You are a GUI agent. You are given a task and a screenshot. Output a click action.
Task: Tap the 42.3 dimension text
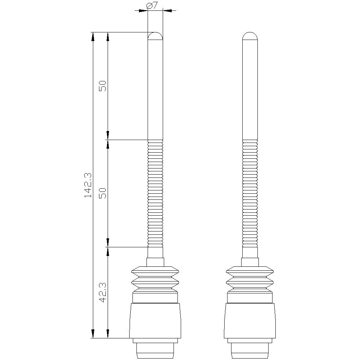click(103, 292)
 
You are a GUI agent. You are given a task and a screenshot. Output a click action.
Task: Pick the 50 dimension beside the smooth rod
click(103, 86)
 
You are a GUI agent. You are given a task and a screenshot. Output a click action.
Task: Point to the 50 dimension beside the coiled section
click(103, 193)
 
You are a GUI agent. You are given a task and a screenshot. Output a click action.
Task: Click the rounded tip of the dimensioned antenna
click(156, 36)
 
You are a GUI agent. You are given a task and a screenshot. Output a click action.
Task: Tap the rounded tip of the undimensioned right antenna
click(250, 36)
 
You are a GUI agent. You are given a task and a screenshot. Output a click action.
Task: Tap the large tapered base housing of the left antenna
click(155, 320)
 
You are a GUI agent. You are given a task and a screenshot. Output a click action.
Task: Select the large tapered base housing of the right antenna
click(250, 320)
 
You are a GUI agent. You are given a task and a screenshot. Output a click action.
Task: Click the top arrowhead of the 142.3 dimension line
click(93, 36)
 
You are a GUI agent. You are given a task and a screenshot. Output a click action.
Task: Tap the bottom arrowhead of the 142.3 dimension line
click(93, 334)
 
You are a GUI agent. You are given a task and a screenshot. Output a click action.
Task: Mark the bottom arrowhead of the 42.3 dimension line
click(108, 334)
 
